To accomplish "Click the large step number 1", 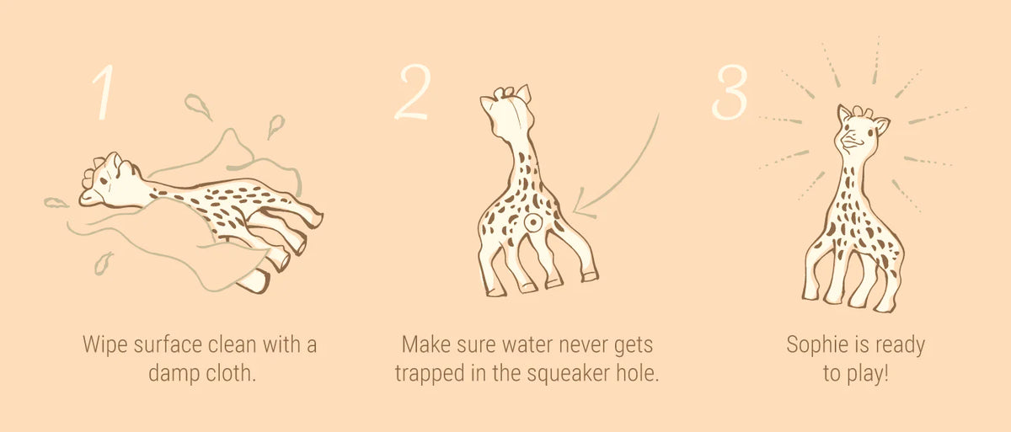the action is pyautogui.click(x=104, y=92).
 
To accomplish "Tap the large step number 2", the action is pyautogui.click(x=413, y=92).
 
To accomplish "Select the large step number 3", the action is pyautogui.click(x=730, y=92).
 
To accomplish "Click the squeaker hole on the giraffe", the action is pyautogui.click(x=533, y=221).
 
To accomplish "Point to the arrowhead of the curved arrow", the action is pyautogui.click(x=582, y=205).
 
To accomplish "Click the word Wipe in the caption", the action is pyautogui.click(x=104, y=345).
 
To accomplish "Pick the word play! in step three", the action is pyautogui.click(x=867, y=374).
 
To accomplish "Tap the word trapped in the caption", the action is pyautogui.click(x=430, y=374).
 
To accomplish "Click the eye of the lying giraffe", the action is pyautogui.click(x=104, y=181).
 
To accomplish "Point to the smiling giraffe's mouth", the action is pyautogui.click(x=850, y=141).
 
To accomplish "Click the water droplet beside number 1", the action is pyautogui.click(x=197, y=106).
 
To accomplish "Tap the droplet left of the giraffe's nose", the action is pyautogui.click(x=56, y=203).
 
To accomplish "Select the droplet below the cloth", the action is pyautogui.click(x=103, y=264).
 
